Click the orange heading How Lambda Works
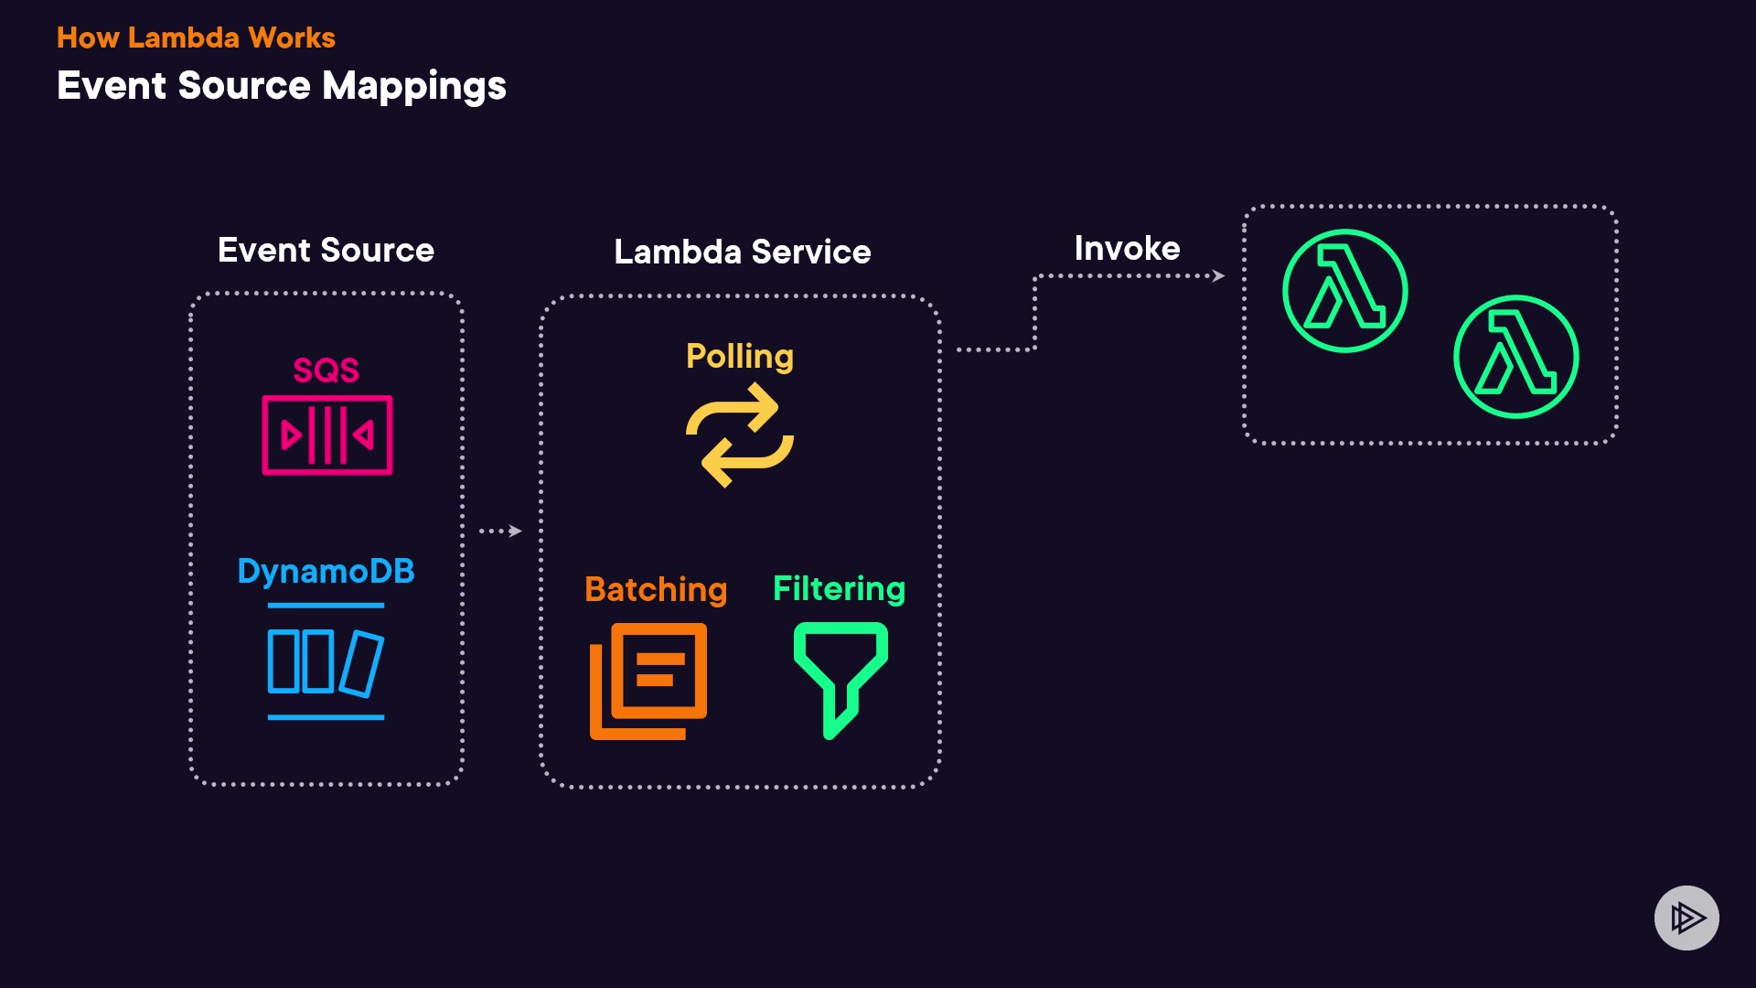pos(196,38)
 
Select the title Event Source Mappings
pos(281,86)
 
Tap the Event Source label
pos(326,250)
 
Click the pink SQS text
pos(326,370)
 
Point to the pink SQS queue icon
pos(327,435)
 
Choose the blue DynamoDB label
pos(326,571)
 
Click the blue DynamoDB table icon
pos(326,662)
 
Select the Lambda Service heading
pos(742,252)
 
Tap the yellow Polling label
pos(739,356)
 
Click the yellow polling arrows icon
pos(739,435)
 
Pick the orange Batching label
pos(656,589)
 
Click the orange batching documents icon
pos(648,681)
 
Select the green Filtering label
pos(839,588)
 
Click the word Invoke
pos(1127,248)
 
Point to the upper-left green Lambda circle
pos(1344,291)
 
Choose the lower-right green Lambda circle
pos(1515,357)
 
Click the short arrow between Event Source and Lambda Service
pos(501,531)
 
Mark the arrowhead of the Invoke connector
pos(1218,275)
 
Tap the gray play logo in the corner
pos(1686,918)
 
